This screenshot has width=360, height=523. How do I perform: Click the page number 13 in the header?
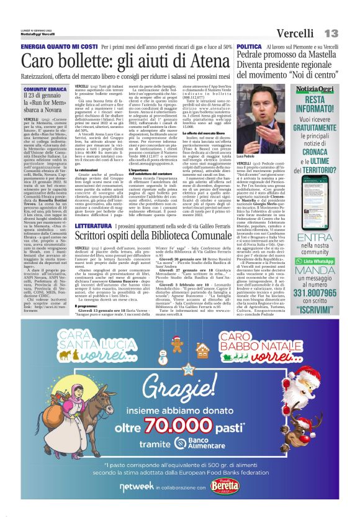coord(331,33)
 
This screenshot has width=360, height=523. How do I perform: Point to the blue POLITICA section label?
coord(249,47)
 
